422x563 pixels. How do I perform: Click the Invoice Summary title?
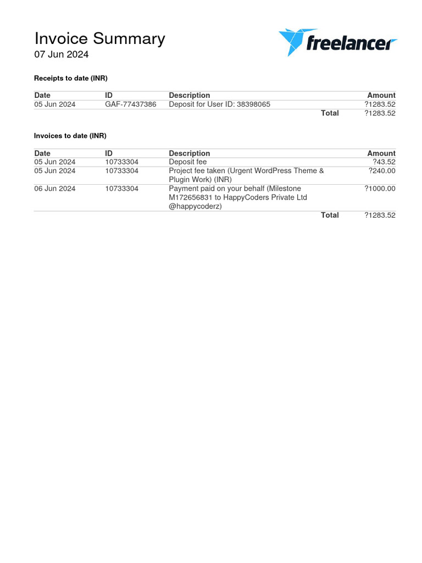coord(99,38)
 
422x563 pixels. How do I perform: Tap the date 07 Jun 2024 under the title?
coord(62,54)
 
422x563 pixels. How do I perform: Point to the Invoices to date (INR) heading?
coord(70,135)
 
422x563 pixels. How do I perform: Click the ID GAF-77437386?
coord(130,104)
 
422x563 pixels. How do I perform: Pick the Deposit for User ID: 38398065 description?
coord(219,104)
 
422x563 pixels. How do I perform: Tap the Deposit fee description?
coord(187,162)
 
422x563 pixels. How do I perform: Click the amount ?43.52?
coord(384,162)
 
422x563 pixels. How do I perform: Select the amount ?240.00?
coord(381,170)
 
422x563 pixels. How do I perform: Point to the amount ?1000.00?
coord(380,189)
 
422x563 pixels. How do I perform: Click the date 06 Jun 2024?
coord(55,189)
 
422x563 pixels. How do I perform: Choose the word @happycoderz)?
coord(195,206)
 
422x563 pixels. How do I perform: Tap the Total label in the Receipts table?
coord(330,113)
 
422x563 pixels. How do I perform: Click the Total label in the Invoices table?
coord(330,215)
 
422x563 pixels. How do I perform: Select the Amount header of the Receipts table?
coord(381,95)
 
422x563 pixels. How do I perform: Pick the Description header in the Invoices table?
coord(189,153)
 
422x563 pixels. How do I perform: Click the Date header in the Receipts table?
coord(42,95)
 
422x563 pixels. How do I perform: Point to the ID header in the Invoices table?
coord(109,153)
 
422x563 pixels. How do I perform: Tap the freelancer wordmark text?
coord(351,42)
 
